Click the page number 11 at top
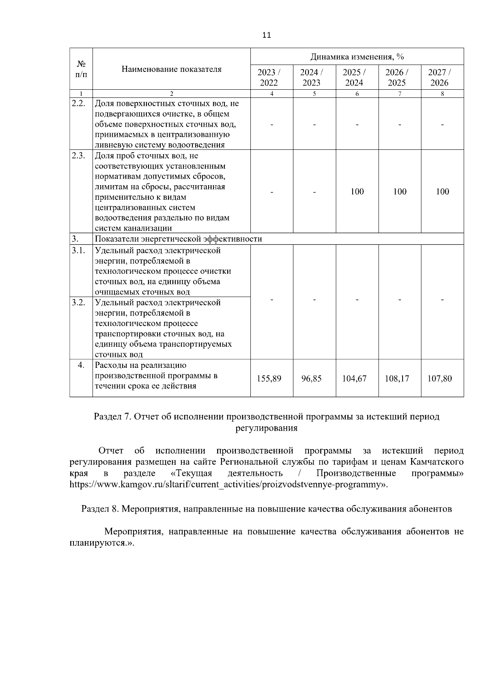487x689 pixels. coord(266,35)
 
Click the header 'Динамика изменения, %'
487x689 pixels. coord(357,56)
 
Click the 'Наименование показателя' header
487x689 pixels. coord(172,69)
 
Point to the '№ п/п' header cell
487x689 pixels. coord(81,69)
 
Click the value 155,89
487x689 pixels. coord(269,378)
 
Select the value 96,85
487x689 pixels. coord(312,378)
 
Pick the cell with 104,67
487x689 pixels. coord(354,378)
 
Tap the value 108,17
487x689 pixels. coord(397,378)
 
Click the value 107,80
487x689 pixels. coord(440,378)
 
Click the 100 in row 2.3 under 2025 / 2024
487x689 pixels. coord(357,192)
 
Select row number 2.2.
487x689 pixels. coord(78,103)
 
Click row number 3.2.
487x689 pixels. coord(78,302)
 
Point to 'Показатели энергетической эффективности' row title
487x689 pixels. coord(178,239)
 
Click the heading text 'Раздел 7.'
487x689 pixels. coord(112,417)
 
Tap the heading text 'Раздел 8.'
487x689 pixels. coord(100,509)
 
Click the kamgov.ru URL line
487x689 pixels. coord(228,484)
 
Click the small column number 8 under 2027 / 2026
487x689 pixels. coord(442,94)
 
